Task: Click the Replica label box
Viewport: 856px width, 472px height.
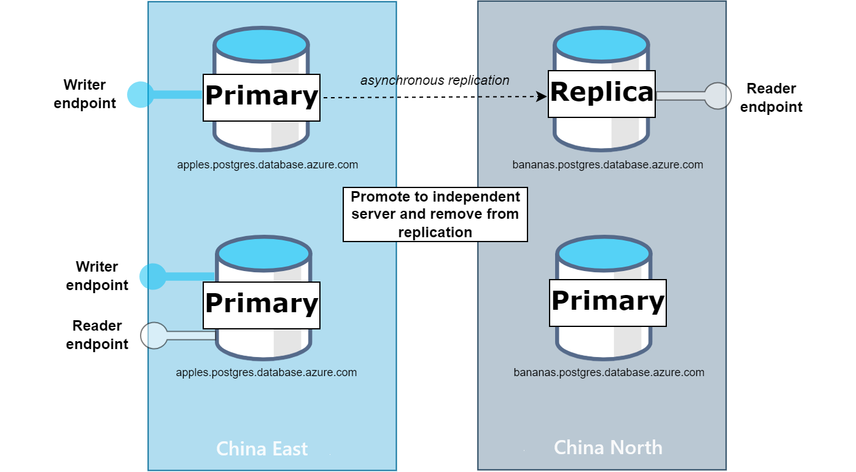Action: (602, 93)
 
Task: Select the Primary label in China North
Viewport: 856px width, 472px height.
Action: (608, 302)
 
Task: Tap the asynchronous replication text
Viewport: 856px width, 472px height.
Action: (435, 81)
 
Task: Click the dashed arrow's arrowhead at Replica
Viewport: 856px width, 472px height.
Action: (542, 97)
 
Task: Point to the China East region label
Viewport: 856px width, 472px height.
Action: (262, 449)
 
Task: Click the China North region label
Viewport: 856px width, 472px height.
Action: (608, 447)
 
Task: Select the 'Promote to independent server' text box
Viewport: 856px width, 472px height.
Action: (435, 214)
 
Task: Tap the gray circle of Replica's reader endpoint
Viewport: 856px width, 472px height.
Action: (718, 96)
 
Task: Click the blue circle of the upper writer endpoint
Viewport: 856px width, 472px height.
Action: (141, 95)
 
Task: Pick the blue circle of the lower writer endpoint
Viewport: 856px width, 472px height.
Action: (153, 277)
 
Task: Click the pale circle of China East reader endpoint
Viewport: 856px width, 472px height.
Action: (154, 336)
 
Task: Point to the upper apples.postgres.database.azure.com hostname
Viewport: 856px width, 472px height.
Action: (268, 165)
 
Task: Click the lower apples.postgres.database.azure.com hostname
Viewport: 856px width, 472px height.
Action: (267, 372)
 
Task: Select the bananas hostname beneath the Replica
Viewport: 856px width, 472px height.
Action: (608, 165)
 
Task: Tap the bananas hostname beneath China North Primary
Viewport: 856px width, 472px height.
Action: (609, 372)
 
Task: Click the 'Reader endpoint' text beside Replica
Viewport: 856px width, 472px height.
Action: (771, 98)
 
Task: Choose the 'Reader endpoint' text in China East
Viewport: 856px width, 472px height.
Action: (97, 335)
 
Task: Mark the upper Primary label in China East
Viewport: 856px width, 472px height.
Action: (262, 97)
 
